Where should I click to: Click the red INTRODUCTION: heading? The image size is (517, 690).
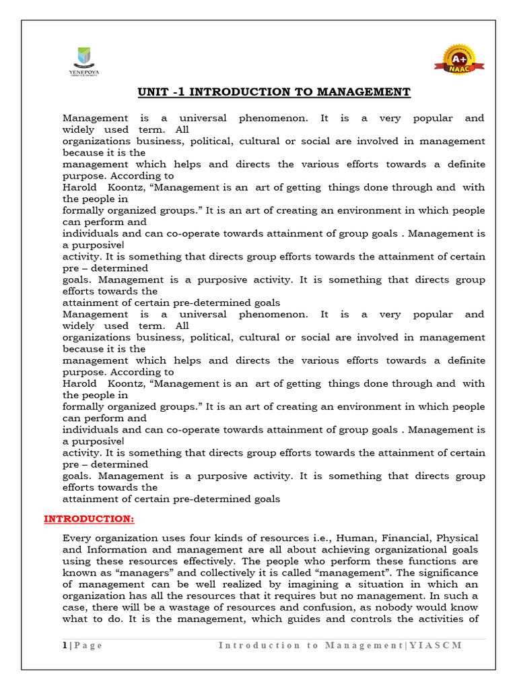(x=89, y=519)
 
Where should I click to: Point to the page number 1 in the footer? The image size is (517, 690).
(x=65, y=645)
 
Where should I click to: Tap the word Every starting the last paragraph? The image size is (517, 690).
(x=77, y=538)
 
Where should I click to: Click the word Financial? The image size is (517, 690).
(x=406, y=538)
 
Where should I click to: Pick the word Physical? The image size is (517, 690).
(x=458, y=538)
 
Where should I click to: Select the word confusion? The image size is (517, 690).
(x=316, y=606)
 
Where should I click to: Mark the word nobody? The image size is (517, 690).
(x=386, y=606)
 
